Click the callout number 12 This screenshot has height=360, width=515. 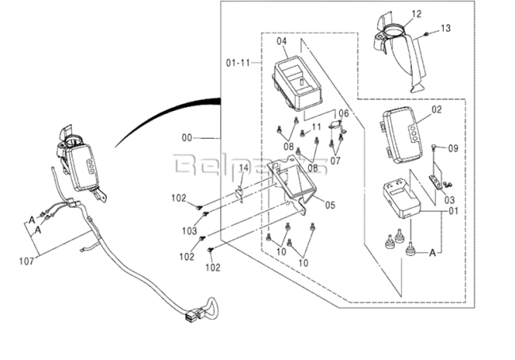click(416, 13)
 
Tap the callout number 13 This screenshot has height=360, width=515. click(445, 29)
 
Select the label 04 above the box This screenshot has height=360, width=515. click(281, 40)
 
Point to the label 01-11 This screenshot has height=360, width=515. click(237, 61)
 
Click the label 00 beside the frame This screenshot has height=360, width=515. click(187, 137)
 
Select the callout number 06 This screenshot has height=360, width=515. click(344, 113)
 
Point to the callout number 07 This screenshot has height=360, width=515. click(336, 161)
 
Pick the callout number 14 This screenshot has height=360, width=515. click(244, 169)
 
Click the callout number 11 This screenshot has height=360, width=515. click(316, 127)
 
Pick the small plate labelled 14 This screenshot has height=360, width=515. click(238, 193)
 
